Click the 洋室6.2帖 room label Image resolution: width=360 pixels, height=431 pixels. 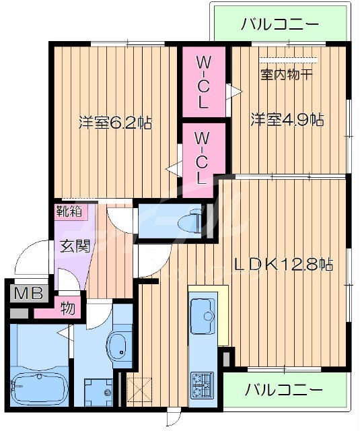pos(114,123)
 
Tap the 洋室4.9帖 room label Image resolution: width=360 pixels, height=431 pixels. pos(287,120)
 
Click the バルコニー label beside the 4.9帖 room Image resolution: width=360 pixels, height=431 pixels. pos(280,26)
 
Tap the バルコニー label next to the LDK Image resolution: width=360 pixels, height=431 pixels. pos(283,390)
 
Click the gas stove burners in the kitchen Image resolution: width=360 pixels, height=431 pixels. pos(201,385)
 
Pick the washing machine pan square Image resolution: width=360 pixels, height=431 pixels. pos(98,391)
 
